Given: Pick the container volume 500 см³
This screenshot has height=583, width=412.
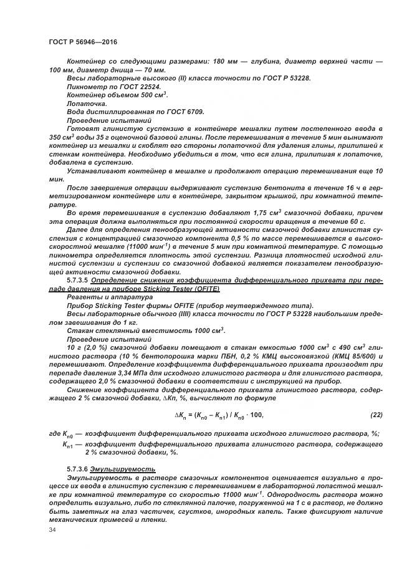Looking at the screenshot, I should click(153, 95).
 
